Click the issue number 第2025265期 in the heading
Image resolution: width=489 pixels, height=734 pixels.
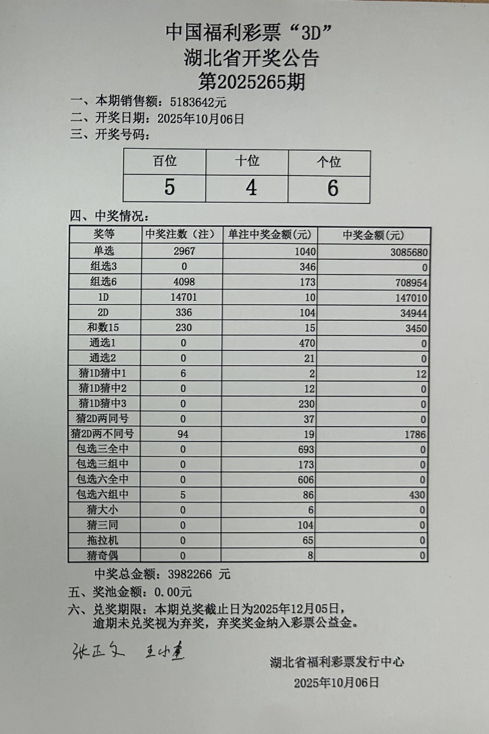[251, 82]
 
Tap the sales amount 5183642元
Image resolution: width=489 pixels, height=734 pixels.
[198, 102]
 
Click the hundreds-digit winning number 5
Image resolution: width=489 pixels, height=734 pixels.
[169, 188]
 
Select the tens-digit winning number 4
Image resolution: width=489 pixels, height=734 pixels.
[251, 188]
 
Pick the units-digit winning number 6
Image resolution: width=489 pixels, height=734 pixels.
[332, 188]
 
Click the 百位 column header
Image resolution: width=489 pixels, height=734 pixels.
[164, 161]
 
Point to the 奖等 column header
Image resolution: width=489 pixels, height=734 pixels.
[103, 235]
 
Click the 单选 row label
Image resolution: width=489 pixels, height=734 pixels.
[103, 252]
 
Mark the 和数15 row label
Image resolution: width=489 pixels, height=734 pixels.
[103, 327]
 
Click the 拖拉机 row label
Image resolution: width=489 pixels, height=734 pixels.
[103, 541]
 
